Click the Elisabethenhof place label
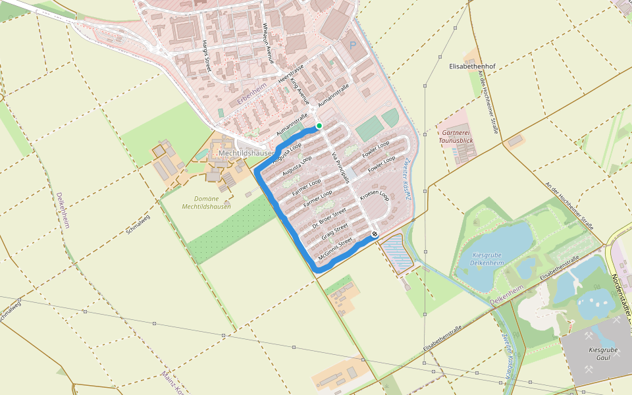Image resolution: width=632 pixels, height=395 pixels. [471, 67]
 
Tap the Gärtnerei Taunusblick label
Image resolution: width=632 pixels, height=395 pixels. [455, 136]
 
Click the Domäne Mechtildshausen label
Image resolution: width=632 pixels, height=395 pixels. [207, 202]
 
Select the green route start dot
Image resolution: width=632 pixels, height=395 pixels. [319, 126]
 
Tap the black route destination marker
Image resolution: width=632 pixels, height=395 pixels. [375, 234]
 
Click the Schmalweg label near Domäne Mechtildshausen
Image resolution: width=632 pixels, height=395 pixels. [138, 224]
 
